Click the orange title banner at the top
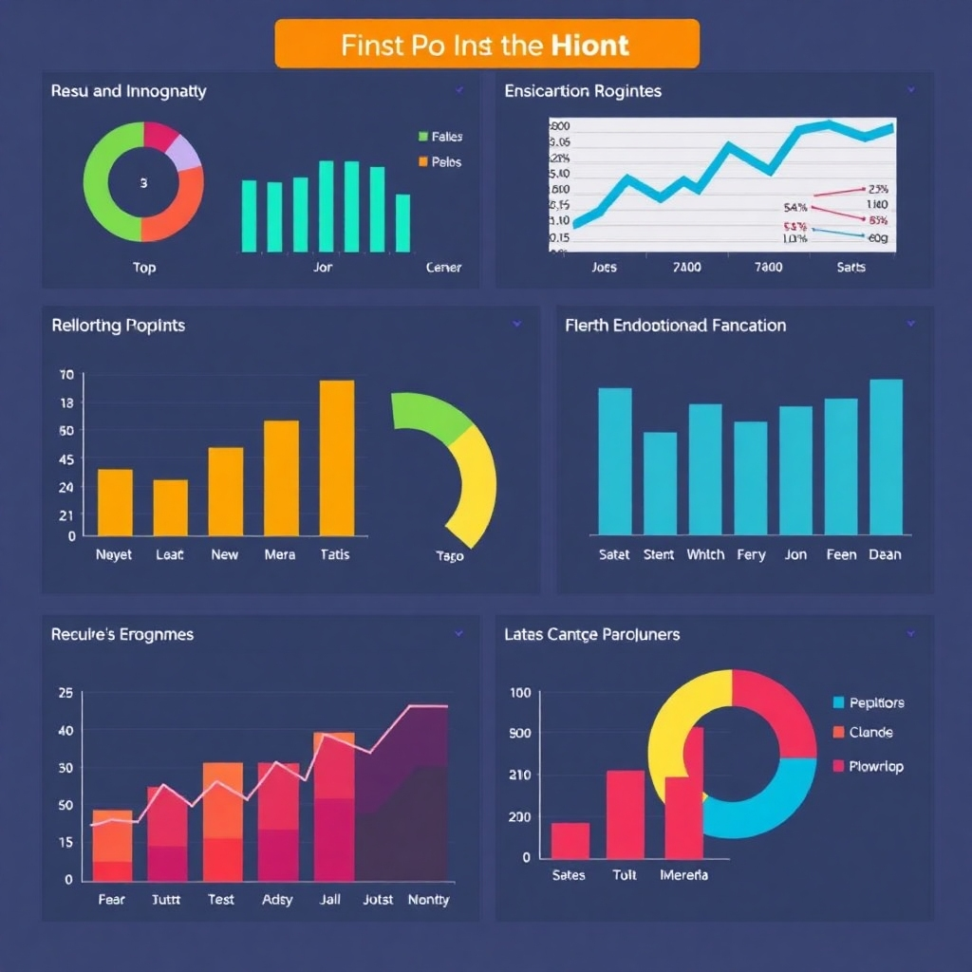pos(486,44)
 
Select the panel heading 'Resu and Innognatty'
pos(128,91)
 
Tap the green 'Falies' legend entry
pos(440,137)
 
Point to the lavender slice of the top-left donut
pos(185,151)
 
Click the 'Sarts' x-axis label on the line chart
pos(850,267)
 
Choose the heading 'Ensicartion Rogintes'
pos(583,91)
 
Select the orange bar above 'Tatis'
pos(337,458)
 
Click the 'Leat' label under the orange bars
pos(170,554)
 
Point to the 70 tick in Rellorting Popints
pos(65,375)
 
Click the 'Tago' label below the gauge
pos(449,555)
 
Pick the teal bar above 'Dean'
pos(886,457)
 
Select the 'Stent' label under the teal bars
pos(659,554)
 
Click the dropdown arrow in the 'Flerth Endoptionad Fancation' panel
pos(910,324)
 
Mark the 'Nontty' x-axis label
pos(428,899)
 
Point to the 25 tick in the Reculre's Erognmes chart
pos(65,693)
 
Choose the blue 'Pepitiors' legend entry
pos(868,702)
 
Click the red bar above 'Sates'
pos(570,840)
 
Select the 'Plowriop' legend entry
pos(868,766)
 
